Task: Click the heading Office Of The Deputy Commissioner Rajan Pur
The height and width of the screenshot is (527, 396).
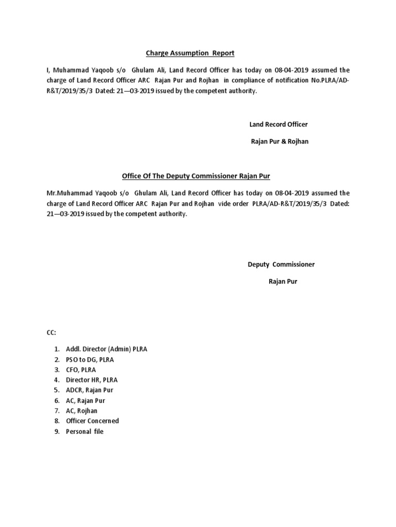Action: (x=196, y=177)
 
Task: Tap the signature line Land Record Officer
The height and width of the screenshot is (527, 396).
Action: (x=278, y=125)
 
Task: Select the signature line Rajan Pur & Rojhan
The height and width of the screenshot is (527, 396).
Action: (x=279, y=142)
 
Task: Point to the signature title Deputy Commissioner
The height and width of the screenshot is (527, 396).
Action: (x=281, y=265)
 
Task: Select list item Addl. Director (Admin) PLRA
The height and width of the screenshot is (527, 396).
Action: (x=106, y=349)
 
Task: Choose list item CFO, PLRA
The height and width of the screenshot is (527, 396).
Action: (x=81, y=370)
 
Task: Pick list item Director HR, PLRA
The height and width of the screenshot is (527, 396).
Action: (x=92, y=380)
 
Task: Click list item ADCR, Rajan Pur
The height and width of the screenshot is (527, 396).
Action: (x=89, y=390)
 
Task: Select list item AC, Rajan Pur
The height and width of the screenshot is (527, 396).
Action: (x=86, y=400)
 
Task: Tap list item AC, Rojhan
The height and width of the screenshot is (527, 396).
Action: (x=81, y=411)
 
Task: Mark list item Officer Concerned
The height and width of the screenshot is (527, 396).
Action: (x=92, y=421)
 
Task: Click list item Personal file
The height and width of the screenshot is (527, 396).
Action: (x=85, y=431)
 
